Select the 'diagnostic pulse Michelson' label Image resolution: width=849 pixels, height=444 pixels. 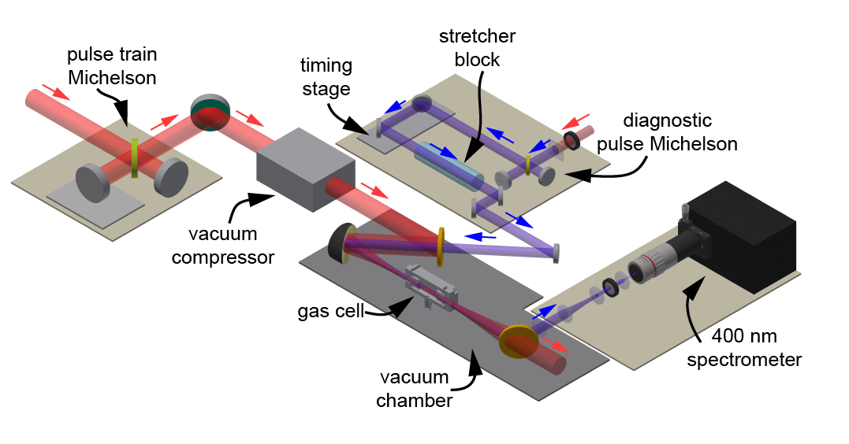680,133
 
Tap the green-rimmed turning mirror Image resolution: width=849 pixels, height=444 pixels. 209,113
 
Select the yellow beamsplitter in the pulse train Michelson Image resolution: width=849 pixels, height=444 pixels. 135,157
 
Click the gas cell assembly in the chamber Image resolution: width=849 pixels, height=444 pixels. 430,287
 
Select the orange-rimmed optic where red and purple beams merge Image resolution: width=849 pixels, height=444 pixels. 441,246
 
